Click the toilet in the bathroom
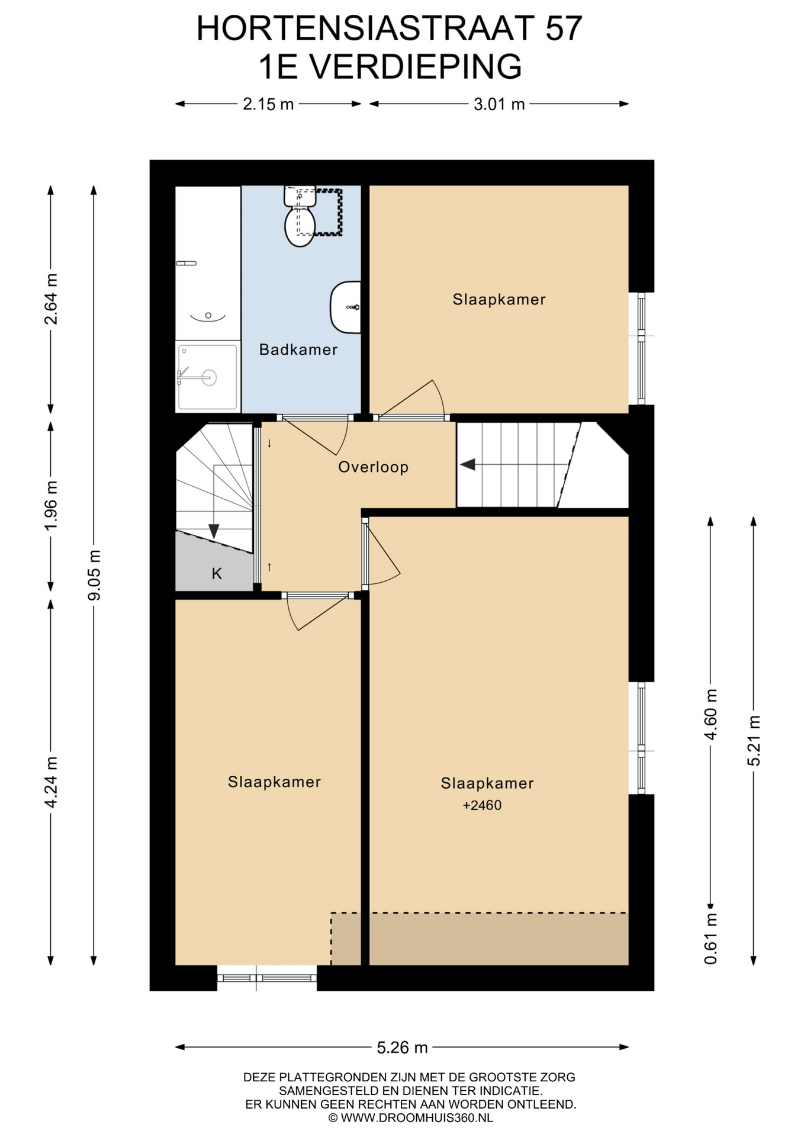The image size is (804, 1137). (x=300, y=216)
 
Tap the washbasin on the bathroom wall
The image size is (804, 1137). (x=346, y=307)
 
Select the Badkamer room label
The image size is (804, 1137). (x=298, y=349)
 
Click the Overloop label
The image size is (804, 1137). (x=373, y=467)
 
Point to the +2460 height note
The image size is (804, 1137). (x=482, y=805)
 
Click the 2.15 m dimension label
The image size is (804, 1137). (x=268, y=104)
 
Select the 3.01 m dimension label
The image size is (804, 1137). (x=499, y=104)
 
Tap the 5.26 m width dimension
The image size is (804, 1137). (x=402, y=1048)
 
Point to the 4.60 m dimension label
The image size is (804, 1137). (x=710, y=714)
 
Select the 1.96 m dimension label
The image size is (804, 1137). (x=52, y=506)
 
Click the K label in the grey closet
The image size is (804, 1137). (x=217, y=573)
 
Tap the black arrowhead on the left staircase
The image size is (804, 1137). (x=214, y=531)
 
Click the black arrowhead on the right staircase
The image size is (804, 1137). (x=468, y=464)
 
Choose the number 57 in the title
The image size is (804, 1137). (x=564, y=28)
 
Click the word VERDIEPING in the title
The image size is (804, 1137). (x=416, y=66)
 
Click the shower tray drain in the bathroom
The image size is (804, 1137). (x=209, y=377)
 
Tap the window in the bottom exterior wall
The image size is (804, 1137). (x=267, y=978)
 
